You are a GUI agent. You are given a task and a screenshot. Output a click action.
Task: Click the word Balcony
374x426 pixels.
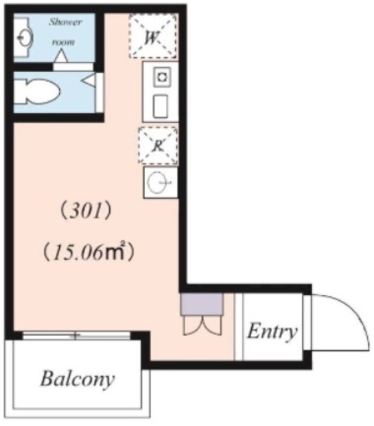(x=77, y=379)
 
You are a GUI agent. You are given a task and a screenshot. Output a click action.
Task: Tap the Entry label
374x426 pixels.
(x=272, y=331)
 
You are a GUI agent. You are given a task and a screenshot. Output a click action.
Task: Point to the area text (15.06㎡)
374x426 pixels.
(x=89, y=252)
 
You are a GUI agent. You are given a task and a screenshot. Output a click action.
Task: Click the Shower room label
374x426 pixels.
(x=65, y=31)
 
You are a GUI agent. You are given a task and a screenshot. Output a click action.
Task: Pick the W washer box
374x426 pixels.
(x=152, y=37)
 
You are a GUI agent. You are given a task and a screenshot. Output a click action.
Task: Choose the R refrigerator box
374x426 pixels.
(x=158, y=145)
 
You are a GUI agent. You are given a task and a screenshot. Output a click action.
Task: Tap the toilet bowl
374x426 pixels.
(x=37, y=91)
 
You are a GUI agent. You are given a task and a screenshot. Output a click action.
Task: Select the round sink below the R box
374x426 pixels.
(x=160, y=182)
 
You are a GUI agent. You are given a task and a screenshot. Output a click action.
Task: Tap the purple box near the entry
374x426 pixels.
(x=200, y=304)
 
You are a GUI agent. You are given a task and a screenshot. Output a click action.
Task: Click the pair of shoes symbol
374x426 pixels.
(x=200, y=326)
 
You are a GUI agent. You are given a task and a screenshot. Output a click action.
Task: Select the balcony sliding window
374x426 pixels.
(x=76, y=335)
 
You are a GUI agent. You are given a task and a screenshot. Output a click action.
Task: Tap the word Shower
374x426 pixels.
(x=65, y=22)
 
